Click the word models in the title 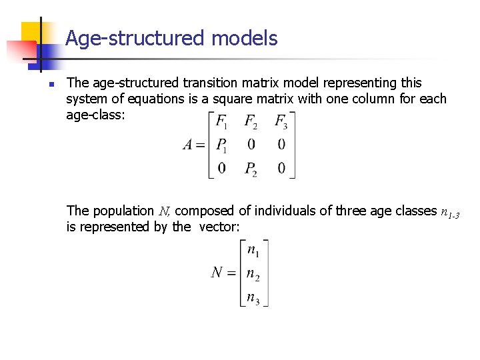244,39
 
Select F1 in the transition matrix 221,123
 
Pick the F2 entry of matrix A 251,123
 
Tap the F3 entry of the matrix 281,123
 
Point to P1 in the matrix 221,145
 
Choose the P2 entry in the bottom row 251,169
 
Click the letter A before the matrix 189,145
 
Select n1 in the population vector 254,251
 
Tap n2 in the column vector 254,273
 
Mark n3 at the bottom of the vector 254,297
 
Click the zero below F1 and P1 221,169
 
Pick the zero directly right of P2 281,169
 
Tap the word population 123,211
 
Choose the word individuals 297,211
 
